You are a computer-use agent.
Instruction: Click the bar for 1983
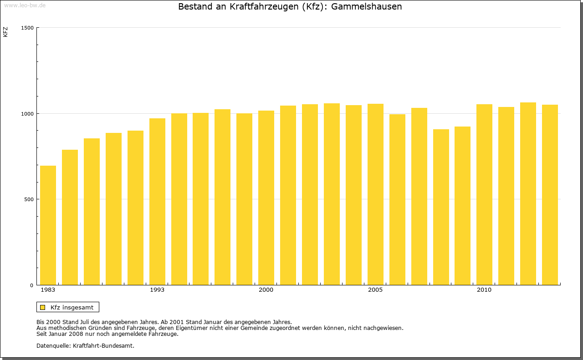[x=48, y=225]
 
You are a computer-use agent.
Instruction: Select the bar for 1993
[x=157, y=202]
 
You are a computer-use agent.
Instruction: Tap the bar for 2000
[x=266, y=198]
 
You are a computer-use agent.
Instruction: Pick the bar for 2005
[x=375, y=194]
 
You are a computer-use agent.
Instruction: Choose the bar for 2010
[x=484, y=195]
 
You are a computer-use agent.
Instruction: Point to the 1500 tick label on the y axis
[x=28, y=28]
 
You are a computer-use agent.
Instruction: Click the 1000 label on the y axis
[x=28, y=114]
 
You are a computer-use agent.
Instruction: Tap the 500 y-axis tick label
[x=29, y=199]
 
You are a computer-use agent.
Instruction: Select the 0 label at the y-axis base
[x=32, y=285]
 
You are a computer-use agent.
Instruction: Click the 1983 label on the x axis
[x=48, y=290]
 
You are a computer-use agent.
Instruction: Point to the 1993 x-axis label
[x=157, y=290]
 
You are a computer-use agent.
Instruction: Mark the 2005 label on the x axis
[x=375, y=290]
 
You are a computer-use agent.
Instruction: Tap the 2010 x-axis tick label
[x=484, y=290]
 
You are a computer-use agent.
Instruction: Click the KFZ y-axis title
[x=5, y=32]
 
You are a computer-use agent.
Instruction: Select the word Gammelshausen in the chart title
[x=367, y=7]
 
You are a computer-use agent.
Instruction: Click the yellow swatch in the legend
[x=42, y=307]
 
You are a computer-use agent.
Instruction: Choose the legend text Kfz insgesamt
[x=72, y=307]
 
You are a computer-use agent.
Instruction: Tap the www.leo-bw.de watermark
[x=25, y=5]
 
